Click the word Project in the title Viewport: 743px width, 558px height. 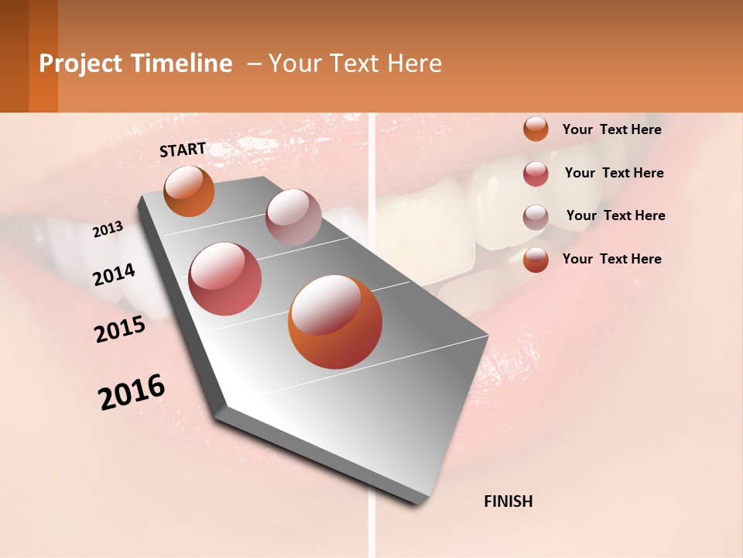tap(80, 64)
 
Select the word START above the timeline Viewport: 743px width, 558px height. tap(183, 150)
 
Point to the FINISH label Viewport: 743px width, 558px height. tap(508, 501)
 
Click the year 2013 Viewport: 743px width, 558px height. tap(108, 229)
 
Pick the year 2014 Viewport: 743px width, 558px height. tap(115, 274)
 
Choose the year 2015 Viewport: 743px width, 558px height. tap(120, 329)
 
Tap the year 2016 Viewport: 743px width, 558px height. tap(132, 392)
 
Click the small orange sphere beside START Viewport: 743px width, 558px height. tap(189, 191)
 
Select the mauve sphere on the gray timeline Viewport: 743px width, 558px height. tap(293, 217)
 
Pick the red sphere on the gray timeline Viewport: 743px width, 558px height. tap(225, 279)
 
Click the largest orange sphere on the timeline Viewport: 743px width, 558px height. tap(335, 322)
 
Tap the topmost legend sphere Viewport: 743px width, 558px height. tap(536, 129)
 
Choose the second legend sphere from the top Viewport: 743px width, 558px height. tap(536, 174)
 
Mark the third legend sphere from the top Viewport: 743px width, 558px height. tap(536, 217)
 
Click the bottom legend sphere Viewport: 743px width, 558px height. tap(536, 260)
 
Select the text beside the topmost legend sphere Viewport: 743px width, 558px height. tap(611, 129)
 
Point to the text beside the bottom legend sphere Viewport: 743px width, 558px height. tap(611, 259)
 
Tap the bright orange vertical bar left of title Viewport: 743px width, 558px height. tap(43, 57)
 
